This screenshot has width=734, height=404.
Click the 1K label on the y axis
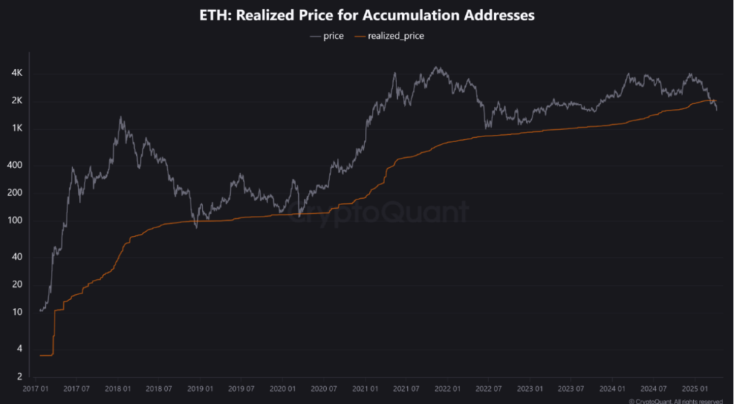pos(17,128)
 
